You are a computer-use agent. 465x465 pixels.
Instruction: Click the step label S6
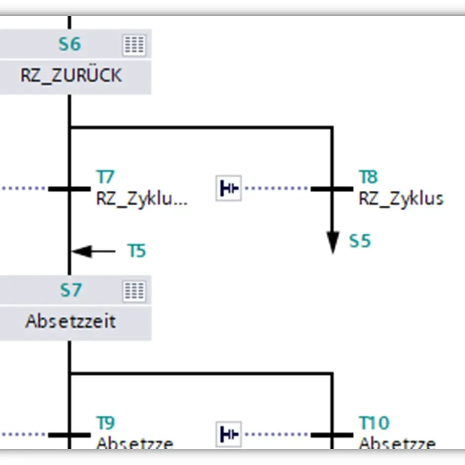[70, 44]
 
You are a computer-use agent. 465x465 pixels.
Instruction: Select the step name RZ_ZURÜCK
[71, 76]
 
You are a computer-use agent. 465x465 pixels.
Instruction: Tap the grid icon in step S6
[134, 45]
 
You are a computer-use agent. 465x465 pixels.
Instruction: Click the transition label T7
[105, 176]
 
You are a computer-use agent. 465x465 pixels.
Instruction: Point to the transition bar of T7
[69, 189]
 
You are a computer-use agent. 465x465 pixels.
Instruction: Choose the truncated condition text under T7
[142, 199]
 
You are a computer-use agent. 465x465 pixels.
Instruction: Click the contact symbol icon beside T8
[229, 188]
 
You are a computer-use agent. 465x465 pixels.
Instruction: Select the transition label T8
[368, 176]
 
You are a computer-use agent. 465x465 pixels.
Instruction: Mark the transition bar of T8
[332, 189]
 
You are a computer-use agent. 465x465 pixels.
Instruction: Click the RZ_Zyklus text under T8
[401, 199]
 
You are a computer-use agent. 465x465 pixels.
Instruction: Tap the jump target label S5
[360, 241]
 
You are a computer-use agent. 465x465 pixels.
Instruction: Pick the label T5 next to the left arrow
[137, 251]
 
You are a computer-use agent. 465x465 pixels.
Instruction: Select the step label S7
[70, 290]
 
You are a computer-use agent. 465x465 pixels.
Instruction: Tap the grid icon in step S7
[134, 291]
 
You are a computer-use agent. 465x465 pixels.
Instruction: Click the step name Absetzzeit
[71, 321]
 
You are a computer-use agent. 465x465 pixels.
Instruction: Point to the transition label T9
[105, 423]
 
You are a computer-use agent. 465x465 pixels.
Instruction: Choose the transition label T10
[374, 423]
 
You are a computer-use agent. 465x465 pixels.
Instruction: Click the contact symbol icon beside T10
[229, 434]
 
